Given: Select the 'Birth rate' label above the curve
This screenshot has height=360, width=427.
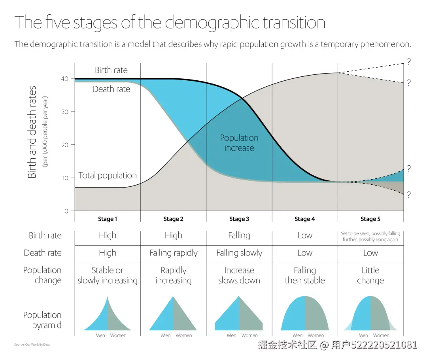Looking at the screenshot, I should point(111,70).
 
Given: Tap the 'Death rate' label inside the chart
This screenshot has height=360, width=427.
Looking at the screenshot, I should point(111,89).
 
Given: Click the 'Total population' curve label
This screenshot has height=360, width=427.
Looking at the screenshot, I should point(108,176).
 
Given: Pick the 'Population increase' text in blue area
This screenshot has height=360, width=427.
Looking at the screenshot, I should point(239,143).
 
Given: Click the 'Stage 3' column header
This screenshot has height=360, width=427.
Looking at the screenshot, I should point(239,219).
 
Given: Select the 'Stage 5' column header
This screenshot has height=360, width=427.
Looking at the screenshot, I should point(370,219).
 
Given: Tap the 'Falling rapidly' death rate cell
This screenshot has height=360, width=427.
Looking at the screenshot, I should point(174,253).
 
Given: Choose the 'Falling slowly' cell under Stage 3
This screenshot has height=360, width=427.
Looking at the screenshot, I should point(239,253).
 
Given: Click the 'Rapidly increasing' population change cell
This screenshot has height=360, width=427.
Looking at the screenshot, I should point(174,275).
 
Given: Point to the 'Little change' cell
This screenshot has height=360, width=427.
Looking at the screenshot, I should point(370,275).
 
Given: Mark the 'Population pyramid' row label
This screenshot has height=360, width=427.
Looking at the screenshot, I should point(42,320).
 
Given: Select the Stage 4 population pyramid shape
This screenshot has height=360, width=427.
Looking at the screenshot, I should point(305,315).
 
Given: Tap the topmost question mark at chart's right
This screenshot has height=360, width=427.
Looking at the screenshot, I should point(409,61).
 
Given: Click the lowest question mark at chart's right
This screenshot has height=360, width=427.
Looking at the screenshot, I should point(409,195).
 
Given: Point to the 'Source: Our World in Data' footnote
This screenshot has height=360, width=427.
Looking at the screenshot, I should point(32,345).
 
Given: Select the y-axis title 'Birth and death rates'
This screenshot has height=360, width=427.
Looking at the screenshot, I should point(32,132).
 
